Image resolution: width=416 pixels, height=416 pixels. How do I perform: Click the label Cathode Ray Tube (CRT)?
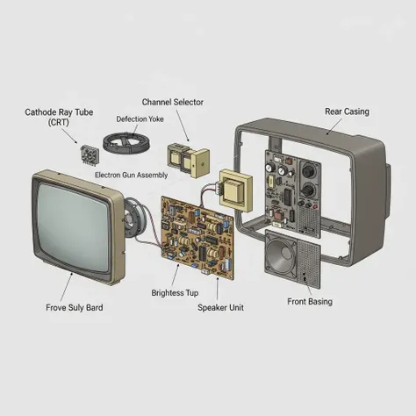point(59,117)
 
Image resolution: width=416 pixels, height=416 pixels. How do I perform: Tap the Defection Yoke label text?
point(140,119)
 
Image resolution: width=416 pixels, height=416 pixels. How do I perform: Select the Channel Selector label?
point(173,102)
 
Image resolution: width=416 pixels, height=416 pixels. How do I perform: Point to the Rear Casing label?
point(347,111)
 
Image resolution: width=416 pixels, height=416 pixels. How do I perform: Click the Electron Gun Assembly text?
point(132,175)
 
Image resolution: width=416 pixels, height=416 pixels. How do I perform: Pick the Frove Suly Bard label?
point(75,307)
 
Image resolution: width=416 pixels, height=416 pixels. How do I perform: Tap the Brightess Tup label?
point(175,293)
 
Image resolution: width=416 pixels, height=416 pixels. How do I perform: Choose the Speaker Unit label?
point(220,307)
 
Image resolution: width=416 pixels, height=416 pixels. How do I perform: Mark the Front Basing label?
point(310,302)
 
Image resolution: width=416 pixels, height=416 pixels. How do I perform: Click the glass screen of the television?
point(74,226)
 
